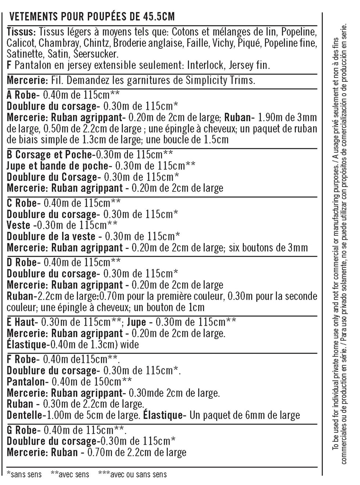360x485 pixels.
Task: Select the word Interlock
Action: click(205, 65)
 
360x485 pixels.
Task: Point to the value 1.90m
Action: click(272, 118)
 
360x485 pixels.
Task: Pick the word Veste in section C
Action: click(18, 225)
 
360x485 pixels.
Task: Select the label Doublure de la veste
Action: click(51, 237)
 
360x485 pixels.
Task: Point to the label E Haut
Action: click(21, 322)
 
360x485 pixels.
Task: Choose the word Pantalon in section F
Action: click(26, 382)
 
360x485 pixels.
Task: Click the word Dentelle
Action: click(24, 416)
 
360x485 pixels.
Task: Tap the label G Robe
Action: click(22, 430)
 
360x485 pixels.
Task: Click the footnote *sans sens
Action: click(24, 475)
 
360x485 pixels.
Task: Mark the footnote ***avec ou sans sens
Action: click(132, 475)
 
